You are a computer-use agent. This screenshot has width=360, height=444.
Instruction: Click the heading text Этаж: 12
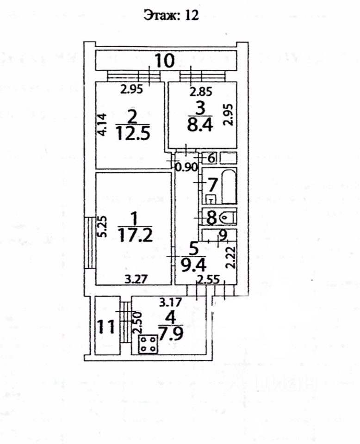pyautogui.click(x=171, y=16)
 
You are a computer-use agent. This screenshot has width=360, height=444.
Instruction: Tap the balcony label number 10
pyautogui.click(x=164, y=61)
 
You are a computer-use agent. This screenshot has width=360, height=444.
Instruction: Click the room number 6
pyautogui.click(x=211, y=158)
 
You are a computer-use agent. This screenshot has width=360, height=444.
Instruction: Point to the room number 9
pyautogui.click(x=222, y=236)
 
